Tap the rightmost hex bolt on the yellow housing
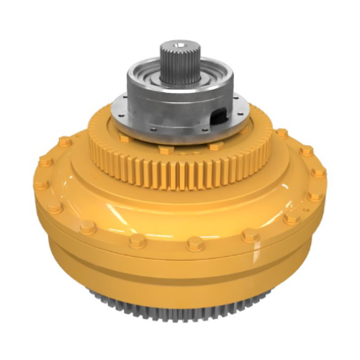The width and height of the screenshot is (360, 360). point(318,173)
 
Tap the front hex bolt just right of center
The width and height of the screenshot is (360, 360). point(195,244)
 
